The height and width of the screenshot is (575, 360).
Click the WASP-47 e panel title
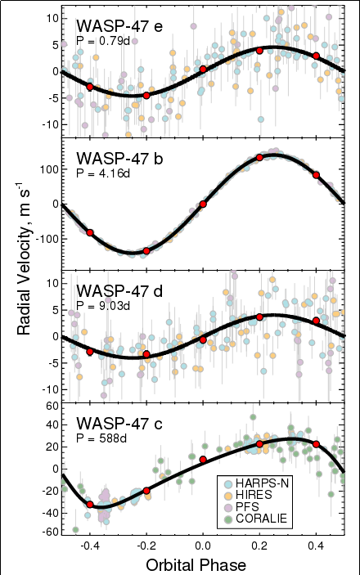119,26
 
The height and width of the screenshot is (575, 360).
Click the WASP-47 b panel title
119,159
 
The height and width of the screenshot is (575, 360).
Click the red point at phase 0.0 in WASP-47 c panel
203,460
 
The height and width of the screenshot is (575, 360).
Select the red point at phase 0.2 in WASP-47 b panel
259,157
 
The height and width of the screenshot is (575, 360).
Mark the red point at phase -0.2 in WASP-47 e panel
146,96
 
